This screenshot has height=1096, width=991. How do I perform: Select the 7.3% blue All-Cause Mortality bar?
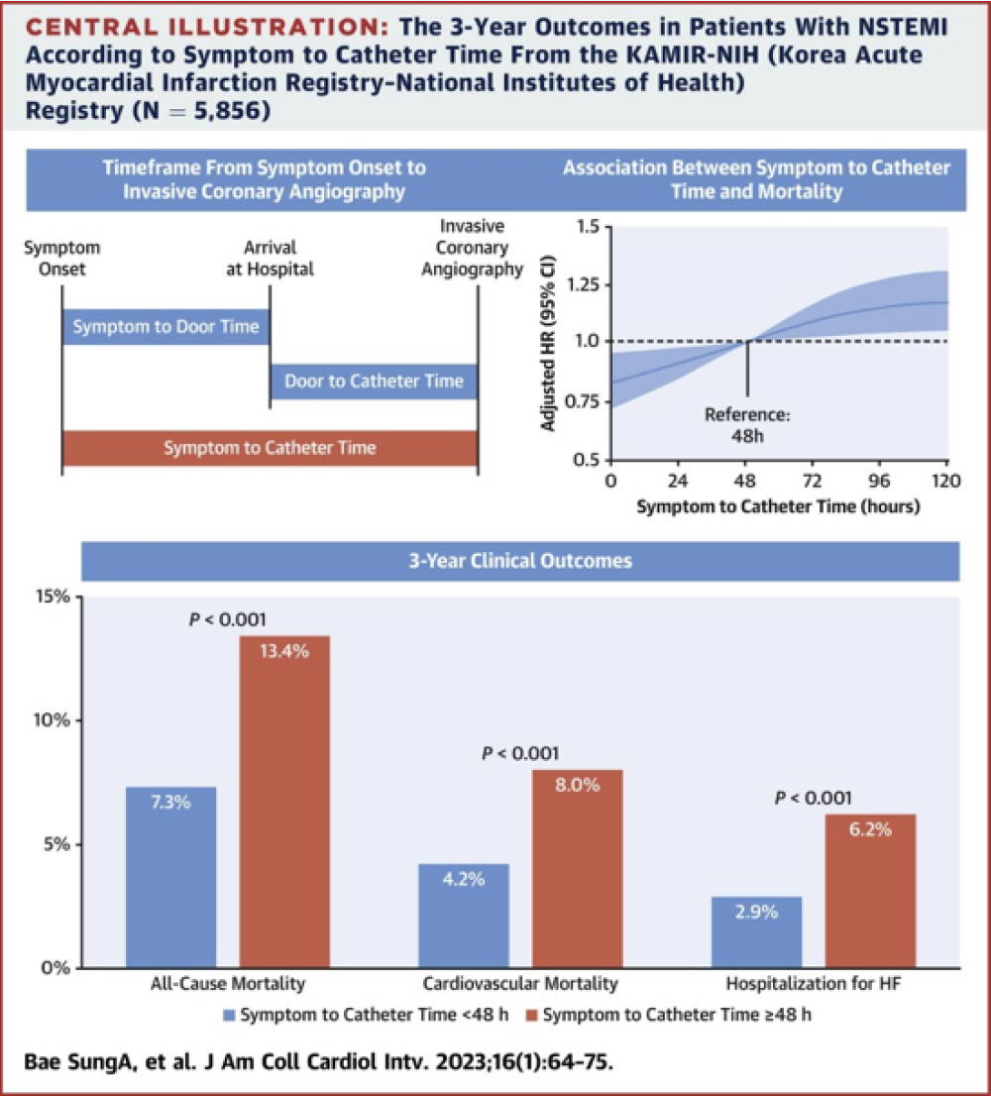coord(171,877)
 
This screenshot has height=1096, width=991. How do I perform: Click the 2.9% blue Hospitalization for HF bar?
coord(756,932)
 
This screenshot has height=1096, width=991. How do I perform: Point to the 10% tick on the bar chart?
coord(54,720)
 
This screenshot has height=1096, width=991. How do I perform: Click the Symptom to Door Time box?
coord(165,327)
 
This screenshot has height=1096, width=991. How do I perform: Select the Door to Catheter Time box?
coord(374,381)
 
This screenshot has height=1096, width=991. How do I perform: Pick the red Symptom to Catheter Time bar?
coord(270,448)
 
